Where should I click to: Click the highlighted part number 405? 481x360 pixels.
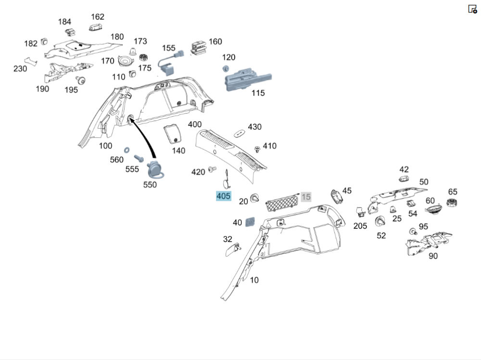[x=224, y=196]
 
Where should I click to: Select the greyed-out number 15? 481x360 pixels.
[x=306, y=197]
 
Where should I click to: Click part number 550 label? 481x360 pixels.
[x=150, y=185]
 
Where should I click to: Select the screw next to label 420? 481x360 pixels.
[x=212, y=170]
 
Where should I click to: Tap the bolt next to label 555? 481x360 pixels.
[x=139, y=157]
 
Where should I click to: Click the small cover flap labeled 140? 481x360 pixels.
[x=172, y=133]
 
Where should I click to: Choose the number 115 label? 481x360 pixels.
[x=258, y=93]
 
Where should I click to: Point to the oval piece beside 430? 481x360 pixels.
[x=239, y=132]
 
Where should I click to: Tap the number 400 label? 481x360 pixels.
[x=195, y=124]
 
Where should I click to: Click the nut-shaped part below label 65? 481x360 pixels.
[x=452, y=203]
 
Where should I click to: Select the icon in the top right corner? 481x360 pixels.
[x=472, y=9]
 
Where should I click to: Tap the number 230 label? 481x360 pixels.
[x=20, y=69]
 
